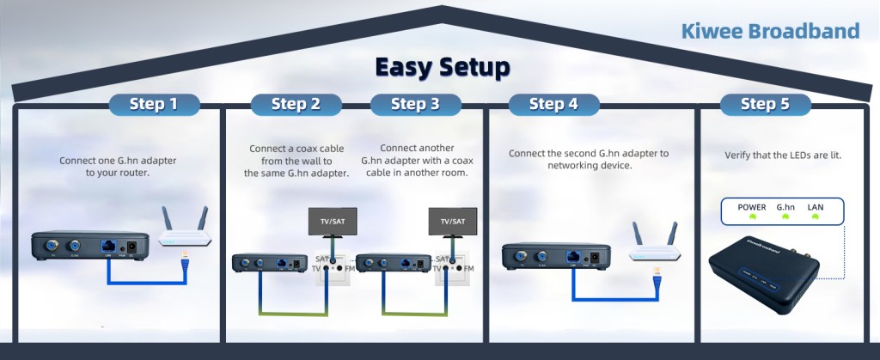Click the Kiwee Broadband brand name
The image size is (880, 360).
click(769, 32)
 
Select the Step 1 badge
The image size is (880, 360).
click(154, 105)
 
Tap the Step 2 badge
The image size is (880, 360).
click(296, 105)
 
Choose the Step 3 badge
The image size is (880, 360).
click(415, 105)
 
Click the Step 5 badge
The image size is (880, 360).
click(765, 105)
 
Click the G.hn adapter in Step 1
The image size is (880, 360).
click(86, 246)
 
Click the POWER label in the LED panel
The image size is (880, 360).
click(751, 208)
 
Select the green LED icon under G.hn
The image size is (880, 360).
click(785, 218)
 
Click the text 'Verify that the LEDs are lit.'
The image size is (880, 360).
click(782, 156)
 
